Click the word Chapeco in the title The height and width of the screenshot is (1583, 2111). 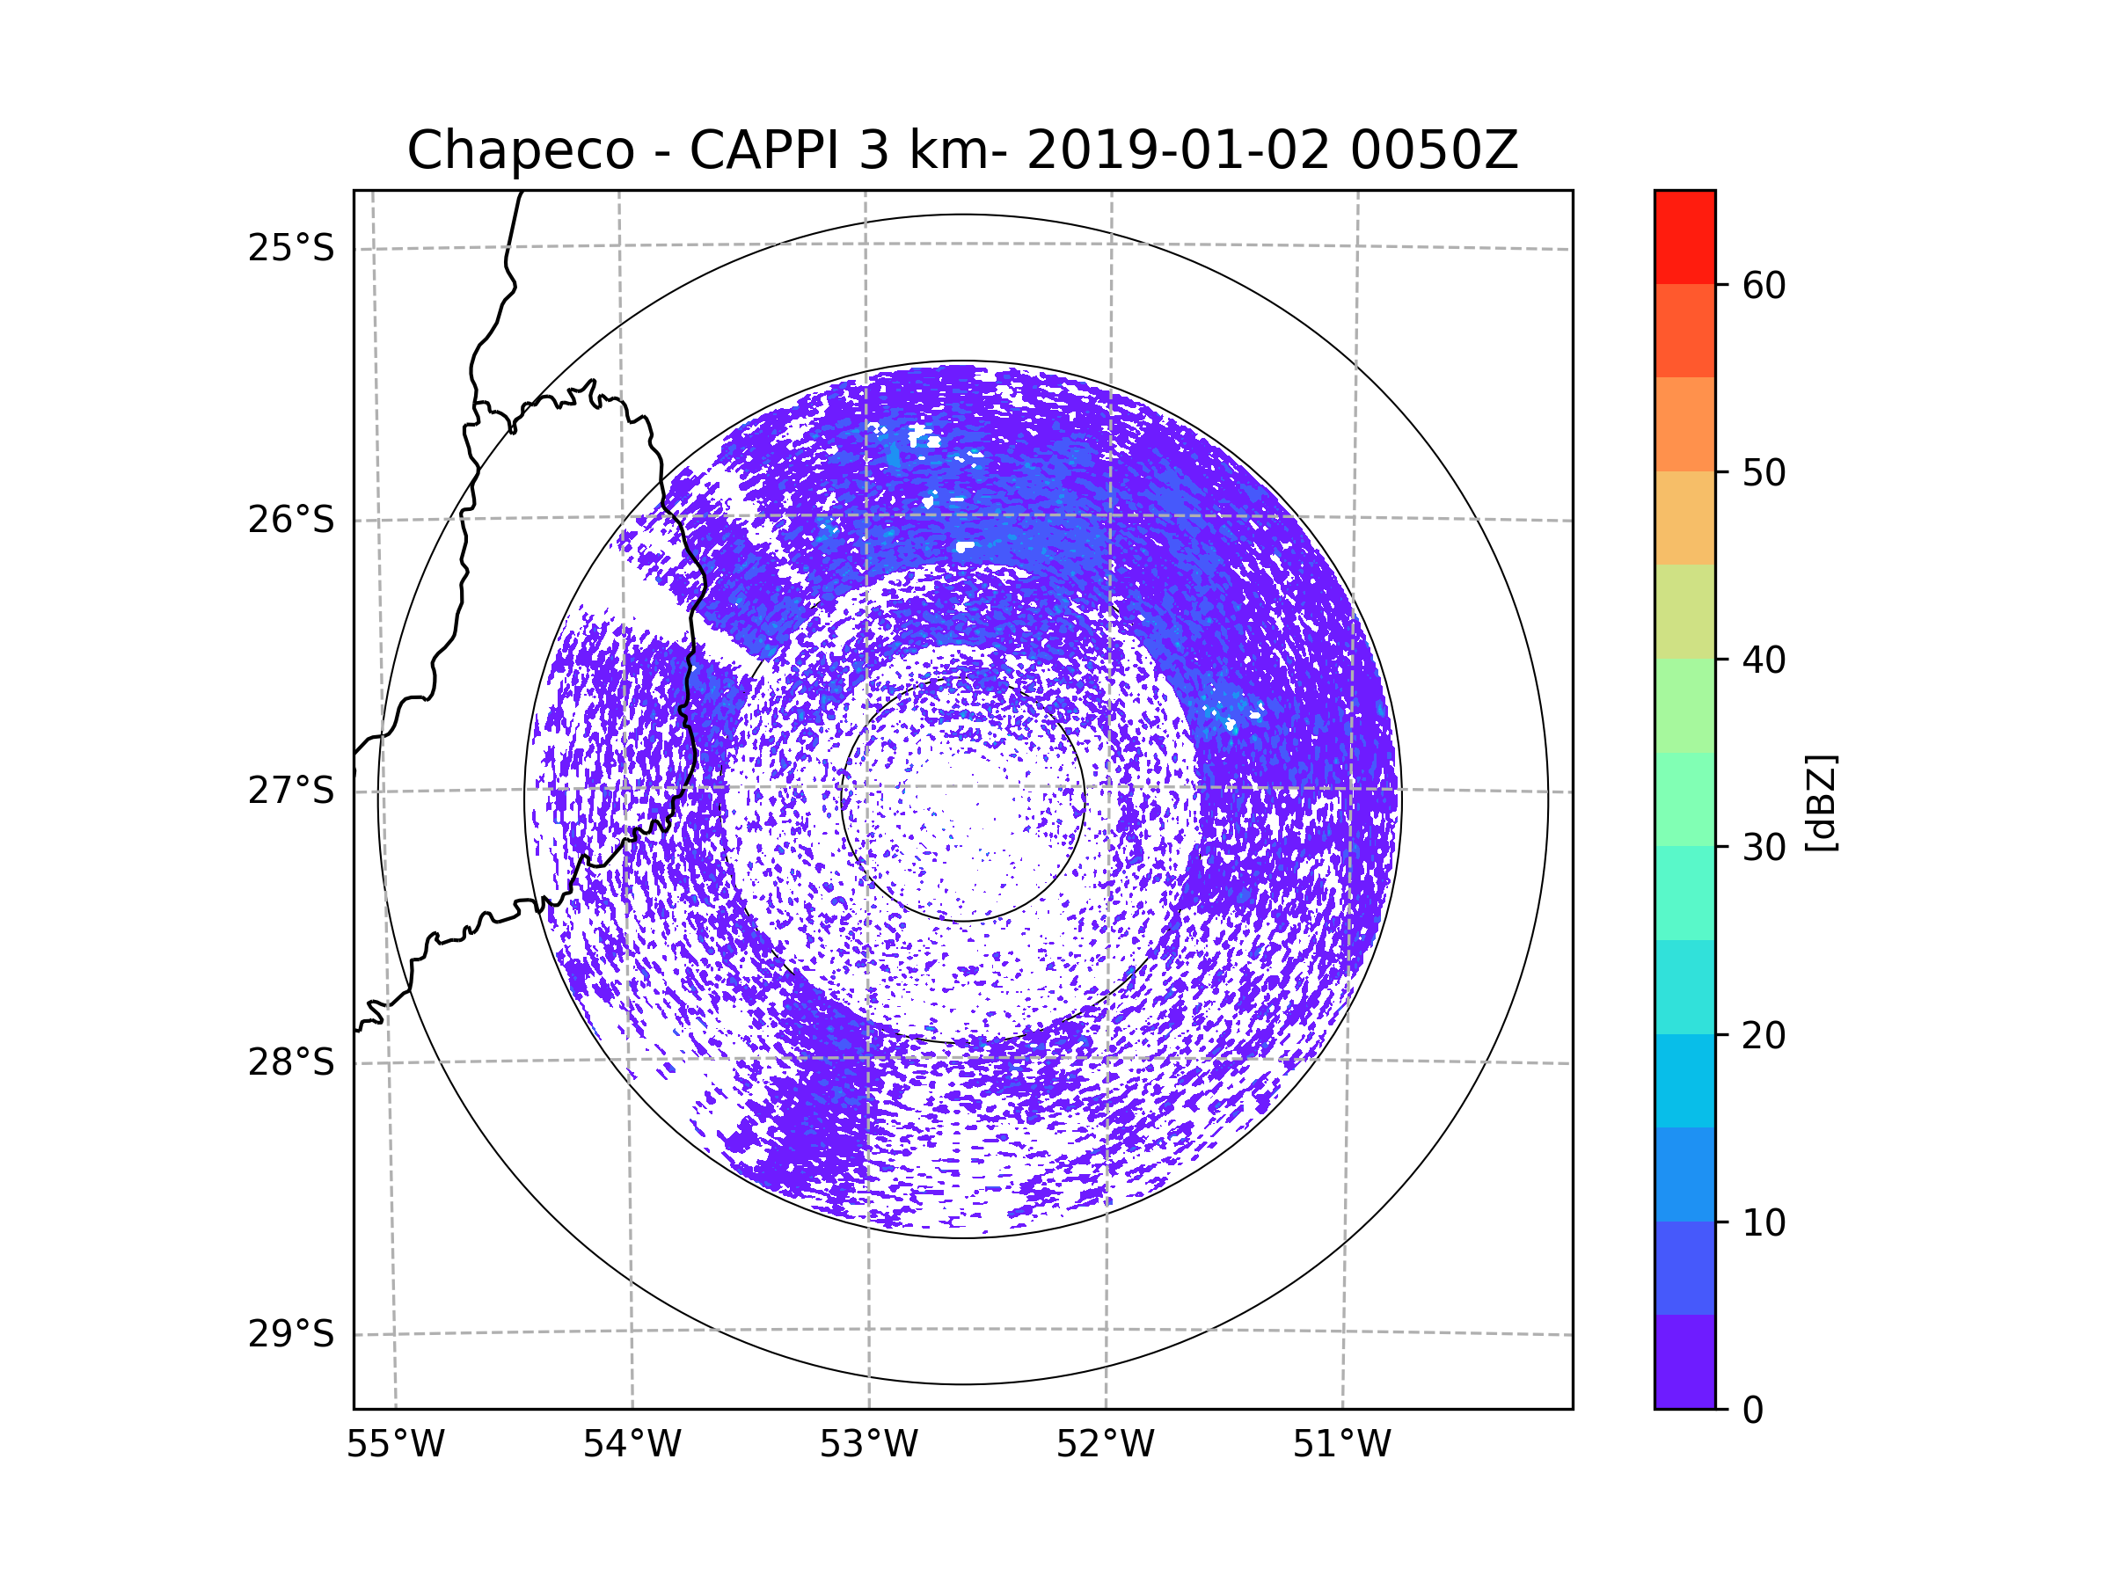(520, 150)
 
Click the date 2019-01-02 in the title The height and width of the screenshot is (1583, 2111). (1177, 150)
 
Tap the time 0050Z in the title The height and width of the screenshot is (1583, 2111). (1434, 150)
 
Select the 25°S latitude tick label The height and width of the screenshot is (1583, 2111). (291, 248)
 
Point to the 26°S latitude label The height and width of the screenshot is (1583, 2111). (291, 520)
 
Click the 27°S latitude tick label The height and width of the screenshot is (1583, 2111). (291, 791)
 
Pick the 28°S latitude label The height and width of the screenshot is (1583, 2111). (291, 1062)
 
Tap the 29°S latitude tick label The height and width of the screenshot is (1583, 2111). (291, 1334)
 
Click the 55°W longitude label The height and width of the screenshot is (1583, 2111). (395, 1445)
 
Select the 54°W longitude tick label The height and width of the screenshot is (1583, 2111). (632, 1445)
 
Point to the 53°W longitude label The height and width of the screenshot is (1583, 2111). (868, 1445)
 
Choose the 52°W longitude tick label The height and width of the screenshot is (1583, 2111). (1105, 1445)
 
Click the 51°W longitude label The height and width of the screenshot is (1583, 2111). (1341, 1445)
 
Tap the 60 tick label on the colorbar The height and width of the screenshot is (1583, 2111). (1764, 285)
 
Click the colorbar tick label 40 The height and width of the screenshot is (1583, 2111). (1764, 660)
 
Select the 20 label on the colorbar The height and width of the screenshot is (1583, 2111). (1764, 1035)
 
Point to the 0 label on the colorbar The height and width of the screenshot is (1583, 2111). (1753, 1411)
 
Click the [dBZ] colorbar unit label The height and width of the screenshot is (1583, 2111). (1821, 804)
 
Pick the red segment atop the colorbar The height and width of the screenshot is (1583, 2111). (1684, 237)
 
